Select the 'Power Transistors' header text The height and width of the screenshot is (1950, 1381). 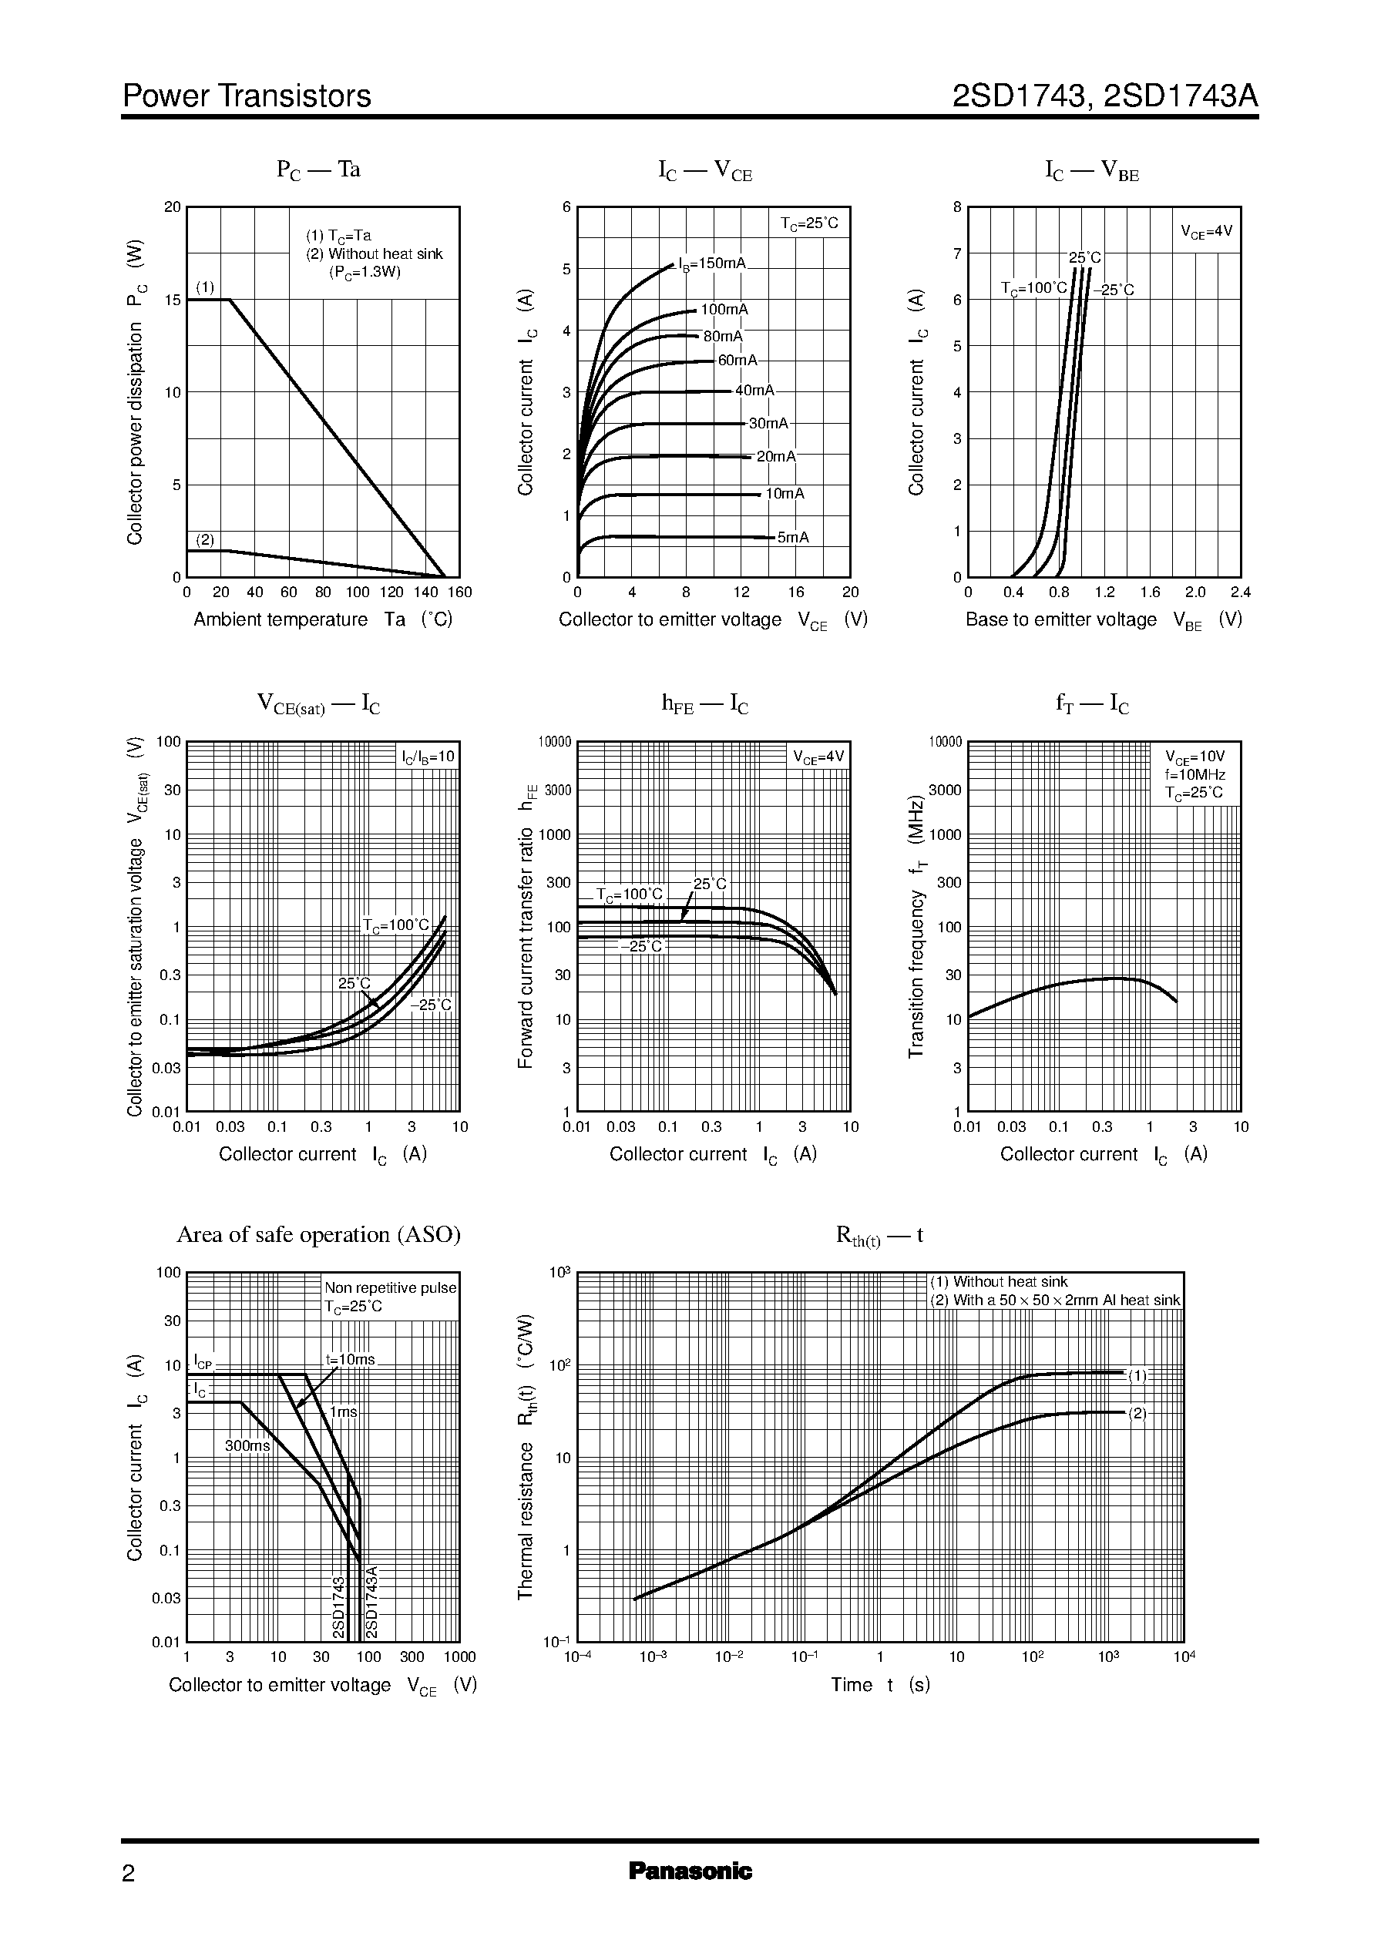coord(247,96)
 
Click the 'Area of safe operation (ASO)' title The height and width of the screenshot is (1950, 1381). coord(318,1234)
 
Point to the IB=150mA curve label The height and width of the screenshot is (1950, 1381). coord(712,263)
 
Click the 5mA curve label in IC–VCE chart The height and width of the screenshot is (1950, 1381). coord(792,537)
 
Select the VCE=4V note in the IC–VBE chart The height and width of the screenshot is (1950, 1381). coord(1206,230)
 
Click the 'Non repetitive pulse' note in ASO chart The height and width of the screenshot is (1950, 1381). coord(390,1288)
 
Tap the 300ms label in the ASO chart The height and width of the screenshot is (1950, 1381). coord(247,1445)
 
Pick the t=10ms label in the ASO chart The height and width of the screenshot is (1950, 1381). coord(350,1359)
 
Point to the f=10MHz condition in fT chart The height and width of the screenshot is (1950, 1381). coord(1195,774)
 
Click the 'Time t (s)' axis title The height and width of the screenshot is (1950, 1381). coord(880,1685)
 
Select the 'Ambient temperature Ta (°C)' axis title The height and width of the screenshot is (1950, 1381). coord(323,619)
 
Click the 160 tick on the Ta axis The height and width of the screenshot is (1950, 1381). coord(459,592)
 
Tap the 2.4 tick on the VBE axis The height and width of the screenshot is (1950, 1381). coord(1240,592)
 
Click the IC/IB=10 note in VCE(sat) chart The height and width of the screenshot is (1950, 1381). coord(428,756)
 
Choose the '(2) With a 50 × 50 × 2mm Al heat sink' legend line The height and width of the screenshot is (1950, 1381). coord(1054,1300)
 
